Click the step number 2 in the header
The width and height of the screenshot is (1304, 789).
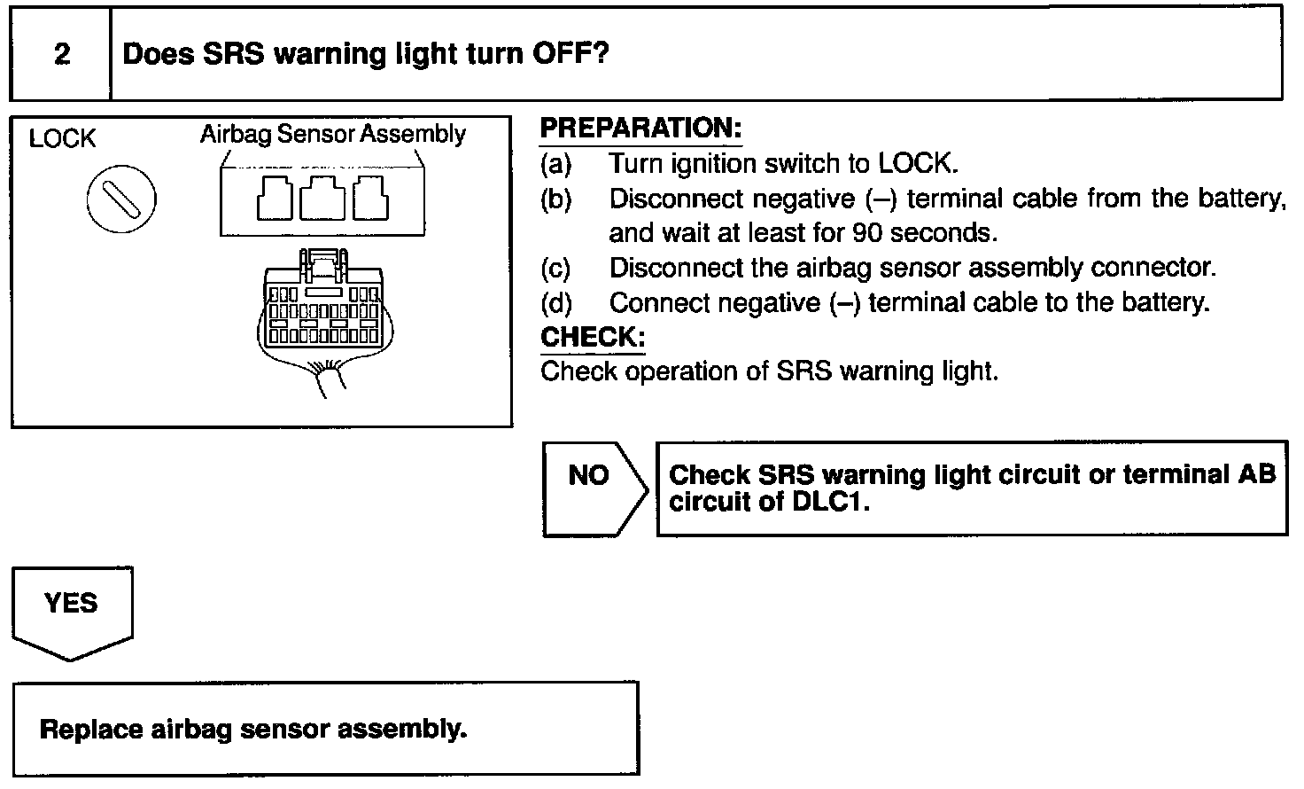click(62, 55)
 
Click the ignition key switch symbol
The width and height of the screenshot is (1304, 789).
click(121, 199)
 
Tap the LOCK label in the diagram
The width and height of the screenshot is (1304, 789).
click(62, 139)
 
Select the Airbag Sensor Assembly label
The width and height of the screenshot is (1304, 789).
click(332, 134)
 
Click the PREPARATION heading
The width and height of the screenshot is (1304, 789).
click(640, 129)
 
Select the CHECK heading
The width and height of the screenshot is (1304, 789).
click(593, 338)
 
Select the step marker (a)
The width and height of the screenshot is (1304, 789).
click(556, 164)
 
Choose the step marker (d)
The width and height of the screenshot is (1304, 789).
click(556, 303)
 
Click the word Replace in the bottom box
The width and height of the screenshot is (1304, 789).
click(91, 730)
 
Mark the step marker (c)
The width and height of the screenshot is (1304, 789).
click(555, 268)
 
